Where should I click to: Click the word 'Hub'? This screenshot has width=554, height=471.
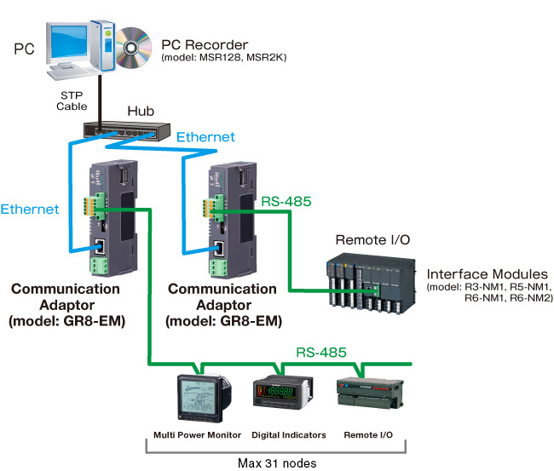tap(141, 111)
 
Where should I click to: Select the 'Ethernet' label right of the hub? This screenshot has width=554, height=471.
tap(205, 136)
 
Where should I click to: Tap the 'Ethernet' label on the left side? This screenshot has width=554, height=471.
tap(31, 208)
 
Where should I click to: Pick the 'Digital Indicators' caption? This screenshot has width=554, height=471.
tap(288, 434)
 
